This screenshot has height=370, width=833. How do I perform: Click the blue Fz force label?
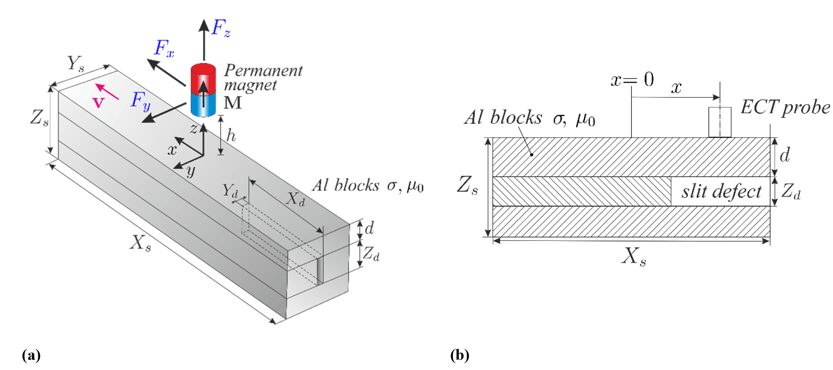(x=221, y=28)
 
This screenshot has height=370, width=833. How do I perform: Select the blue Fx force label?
(x=164, y=48)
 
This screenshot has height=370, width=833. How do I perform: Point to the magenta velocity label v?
(x=98, y=102)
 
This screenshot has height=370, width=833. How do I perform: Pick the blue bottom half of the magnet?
(x=204, y=104)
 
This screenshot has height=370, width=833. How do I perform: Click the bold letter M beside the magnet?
(x=233, y=103)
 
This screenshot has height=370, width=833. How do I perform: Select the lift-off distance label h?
(x=231, y=136)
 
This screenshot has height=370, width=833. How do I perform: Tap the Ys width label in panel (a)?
(x=76, y=64)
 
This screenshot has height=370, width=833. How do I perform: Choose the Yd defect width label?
(x=230, y=190)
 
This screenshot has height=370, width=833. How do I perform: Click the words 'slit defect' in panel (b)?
(x=721, y=191)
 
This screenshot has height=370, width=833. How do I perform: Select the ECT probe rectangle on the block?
(x=720, y=122)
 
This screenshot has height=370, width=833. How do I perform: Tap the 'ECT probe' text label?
(x=785, y=108)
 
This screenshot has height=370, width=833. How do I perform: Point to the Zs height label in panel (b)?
(x=467, y=186)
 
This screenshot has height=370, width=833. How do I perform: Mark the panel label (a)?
(x=31, y=355)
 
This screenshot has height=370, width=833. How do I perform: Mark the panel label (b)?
(x=459, y=355)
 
